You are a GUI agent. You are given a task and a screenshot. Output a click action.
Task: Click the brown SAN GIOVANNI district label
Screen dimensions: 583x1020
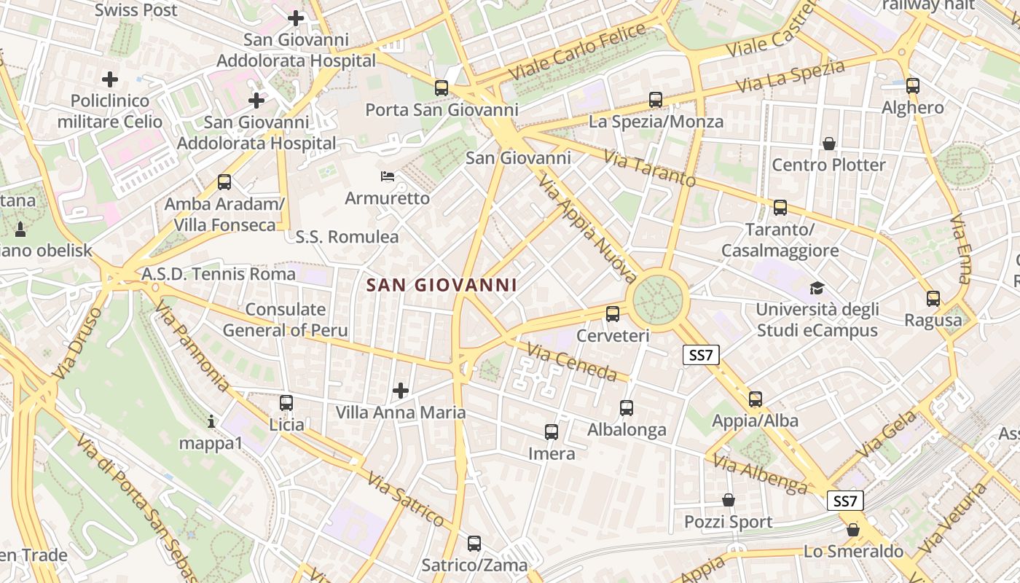pyautogui.click(x=442, y=286)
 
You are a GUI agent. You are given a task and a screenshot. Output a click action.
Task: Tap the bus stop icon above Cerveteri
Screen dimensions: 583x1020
pyautogui.click(x=613, y=314)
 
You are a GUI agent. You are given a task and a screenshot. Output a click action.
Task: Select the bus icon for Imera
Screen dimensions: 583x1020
pyautogui.click(x=552, y=432)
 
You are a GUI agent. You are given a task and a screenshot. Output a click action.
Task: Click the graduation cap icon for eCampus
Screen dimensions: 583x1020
pyautogui.click(x=817, y=289)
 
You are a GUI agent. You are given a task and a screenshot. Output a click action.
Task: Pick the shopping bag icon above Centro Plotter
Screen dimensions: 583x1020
pyautogui.click(x=828, y=144)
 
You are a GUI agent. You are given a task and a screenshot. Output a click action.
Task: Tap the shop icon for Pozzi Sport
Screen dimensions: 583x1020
pyautogui.click(x=728, y=501)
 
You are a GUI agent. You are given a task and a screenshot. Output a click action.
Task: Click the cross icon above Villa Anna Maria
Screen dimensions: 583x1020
pyautogui.click(x=401, y=391)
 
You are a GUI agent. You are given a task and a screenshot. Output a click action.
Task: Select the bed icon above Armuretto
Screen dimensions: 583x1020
pyautogui.click(x=388, y=176)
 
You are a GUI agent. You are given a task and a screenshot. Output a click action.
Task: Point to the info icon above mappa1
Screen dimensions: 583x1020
pyautogui.click(x=211, y=421)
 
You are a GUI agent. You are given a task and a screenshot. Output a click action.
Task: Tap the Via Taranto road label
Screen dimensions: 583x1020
pyautogui.click(x=650, y=168)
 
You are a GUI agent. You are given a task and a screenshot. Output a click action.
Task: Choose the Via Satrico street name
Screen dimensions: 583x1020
pyautogui.click(x=406, y=499)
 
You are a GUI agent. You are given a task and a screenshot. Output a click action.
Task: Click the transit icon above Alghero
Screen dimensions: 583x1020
pyautogui.click(x=913, y=86)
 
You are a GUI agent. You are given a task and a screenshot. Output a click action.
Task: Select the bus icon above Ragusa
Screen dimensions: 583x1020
pyautogui.click(x=933, y=299)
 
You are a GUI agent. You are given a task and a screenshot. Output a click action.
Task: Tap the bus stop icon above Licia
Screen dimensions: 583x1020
pyautogui.click(x=286, y=403)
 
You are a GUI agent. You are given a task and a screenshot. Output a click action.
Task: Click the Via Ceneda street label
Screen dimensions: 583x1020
pyautogui.click(x=572, y=362)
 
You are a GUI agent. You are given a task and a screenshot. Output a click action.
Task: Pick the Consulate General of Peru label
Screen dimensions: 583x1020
pyautogui.click(x=285, y=320)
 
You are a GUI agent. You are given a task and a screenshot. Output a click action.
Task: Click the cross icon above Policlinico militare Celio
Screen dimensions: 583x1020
pyautogui.click(x=110, y=79)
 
